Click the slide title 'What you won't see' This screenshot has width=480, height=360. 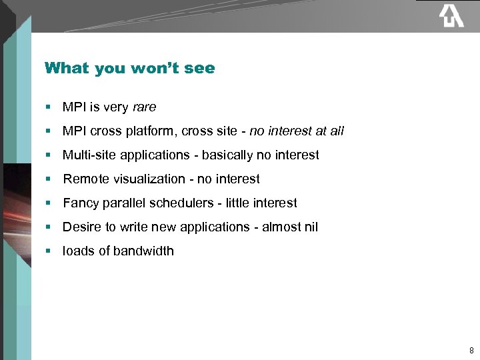click(x=129, y=68)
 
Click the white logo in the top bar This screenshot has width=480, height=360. click(x=451, y=15)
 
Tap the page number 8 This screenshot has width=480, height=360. click(x=471, y=350)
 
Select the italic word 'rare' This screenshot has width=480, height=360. click(x=144, y=107)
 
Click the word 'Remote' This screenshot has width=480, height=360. click(x=85, y=179)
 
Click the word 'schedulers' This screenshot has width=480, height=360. click(x=186, y=203)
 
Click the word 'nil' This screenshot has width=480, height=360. click(x=311, y=227)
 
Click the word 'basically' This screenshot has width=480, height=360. click(x=227, y=155)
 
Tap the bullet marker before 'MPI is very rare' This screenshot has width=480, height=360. click(x=49, y=107)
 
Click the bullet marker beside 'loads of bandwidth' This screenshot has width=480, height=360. click(x=49, y=251)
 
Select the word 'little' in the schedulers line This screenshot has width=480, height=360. click(x=237, y=203)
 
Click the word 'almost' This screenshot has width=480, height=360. click(x=281, y=227)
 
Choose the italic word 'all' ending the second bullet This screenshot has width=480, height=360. click(x=337, y=131)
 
